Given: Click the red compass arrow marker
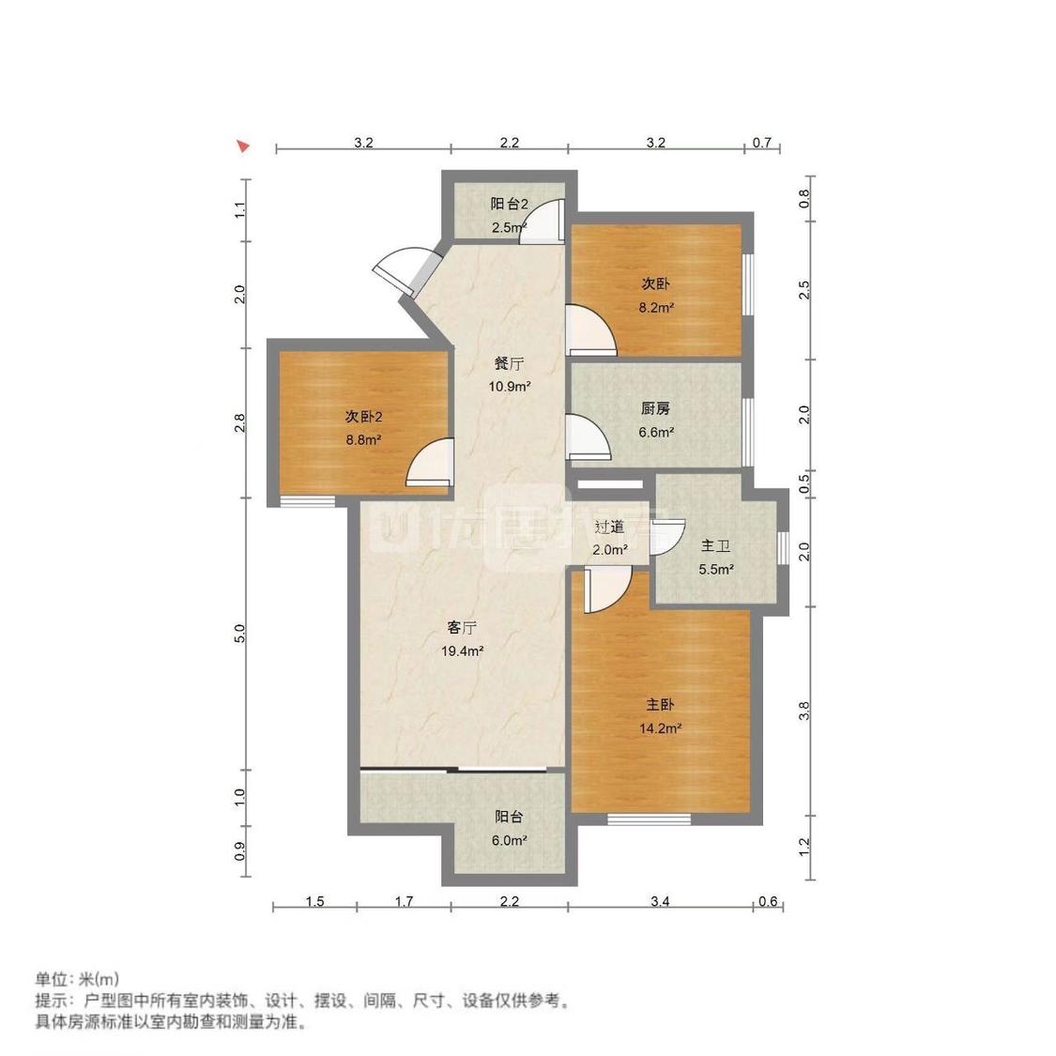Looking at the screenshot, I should click(243, 145).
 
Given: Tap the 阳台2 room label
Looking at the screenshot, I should click(510, 204).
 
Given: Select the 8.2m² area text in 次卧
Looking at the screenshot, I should click(656, 307).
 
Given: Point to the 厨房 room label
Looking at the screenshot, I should click(656, 409).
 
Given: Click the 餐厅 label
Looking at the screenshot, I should click(510, 363).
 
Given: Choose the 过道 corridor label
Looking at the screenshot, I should click(609, 528).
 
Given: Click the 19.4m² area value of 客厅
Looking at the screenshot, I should click(463, 650).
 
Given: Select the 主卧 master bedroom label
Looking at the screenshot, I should click(660, 704).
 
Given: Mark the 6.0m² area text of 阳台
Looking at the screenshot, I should click(510, 841).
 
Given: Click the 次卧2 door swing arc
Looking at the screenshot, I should click(427, 464).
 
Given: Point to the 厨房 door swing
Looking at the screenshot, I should click(589, 437).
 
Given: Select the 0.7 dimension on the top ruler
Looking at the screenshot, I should click(762, 143).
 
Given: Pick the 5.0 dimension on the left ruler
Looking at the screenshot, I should click(240, 634).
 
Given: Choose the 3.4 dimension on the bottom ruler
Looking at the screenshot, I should click(660, 902).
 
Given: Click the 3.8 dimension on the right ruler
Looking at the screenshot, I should click(804, 712).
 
